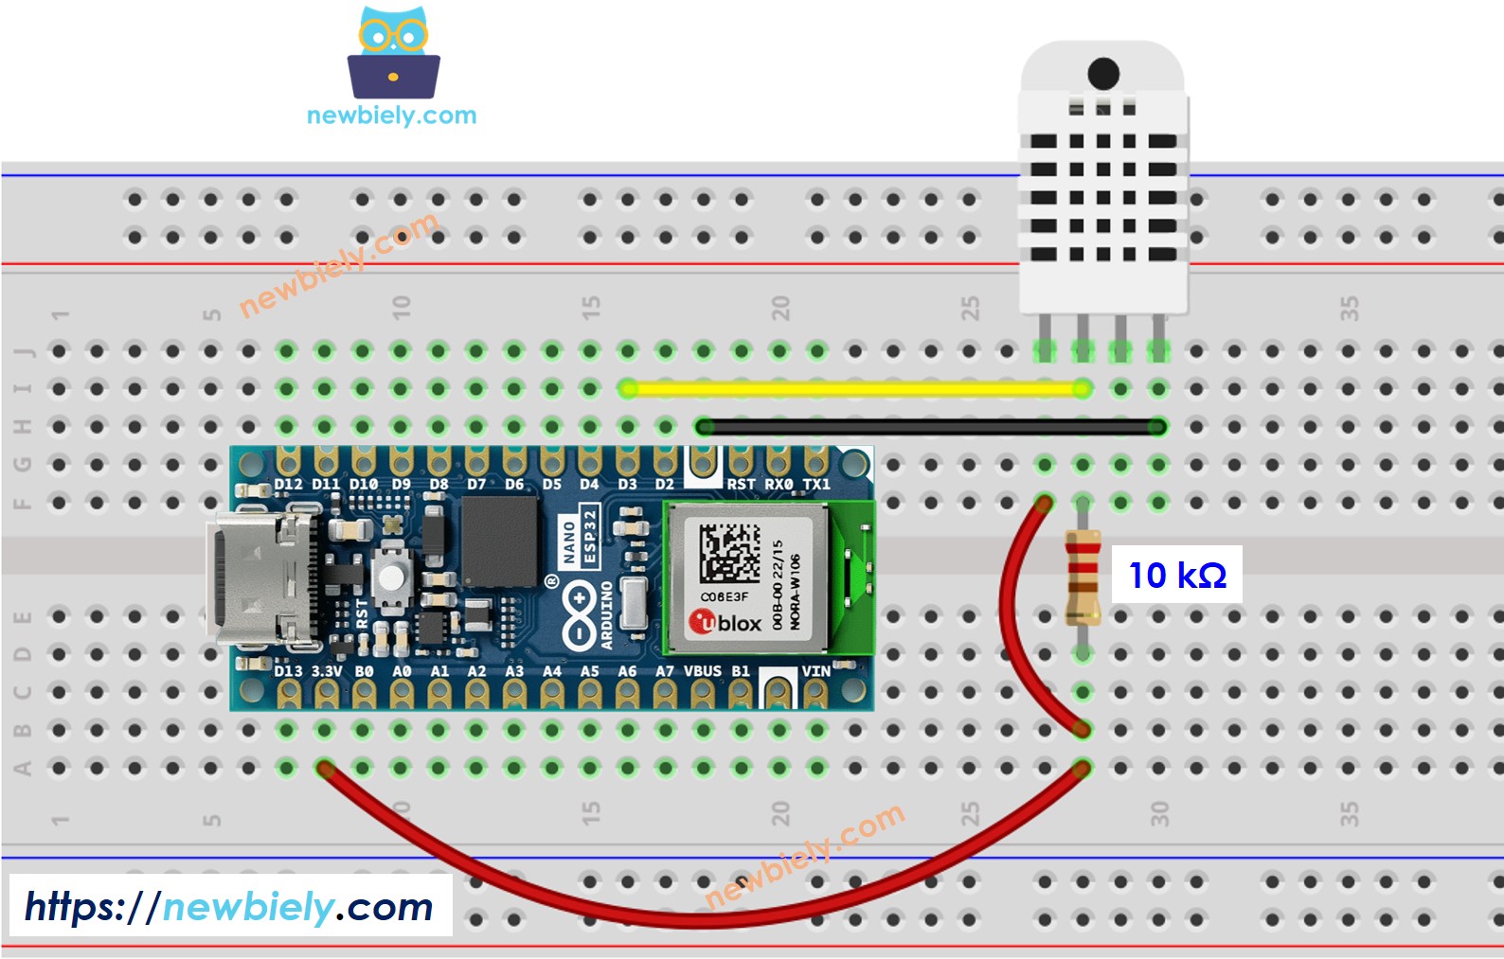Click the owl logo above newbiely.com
[393, 54]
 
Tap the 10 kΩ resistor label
[1176, 575]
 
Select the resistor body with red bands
[1083, 577]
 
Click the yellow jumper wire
[852, 388]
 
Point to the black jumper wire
[928, 427]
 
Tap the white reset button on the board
[389, 575]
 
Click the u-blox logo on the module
[725, 622]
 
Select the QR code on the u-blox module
[729, 554]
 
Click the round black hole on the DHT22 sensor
[1103, 73]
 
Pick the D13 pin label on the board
[288, 671]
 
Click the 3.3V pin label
[327, 671]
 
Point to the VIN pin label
[815, 671]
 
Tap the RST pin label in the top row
[741, 485]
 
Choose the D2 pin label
[665, 485]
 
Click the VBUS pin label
[702, 671]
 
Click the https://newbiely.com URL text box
[230, 907]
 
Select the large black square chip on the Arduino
[500, 542]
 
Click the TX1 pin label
[815, 485]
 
